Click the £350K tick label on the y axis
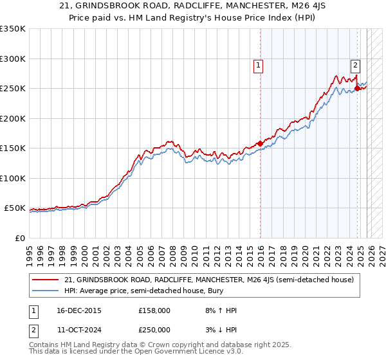pos(13,29)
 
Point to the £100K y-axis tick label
pos(13,178)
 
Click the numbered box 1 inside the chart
pos(258,64)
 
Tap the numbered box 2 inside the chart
pos(355,64)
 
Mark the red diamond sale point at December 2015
pos(260,144)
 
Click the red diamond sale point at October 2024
pos(357,89)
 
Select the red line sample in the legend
pos(45,280)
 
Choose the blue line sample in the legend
pos(45,291)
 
